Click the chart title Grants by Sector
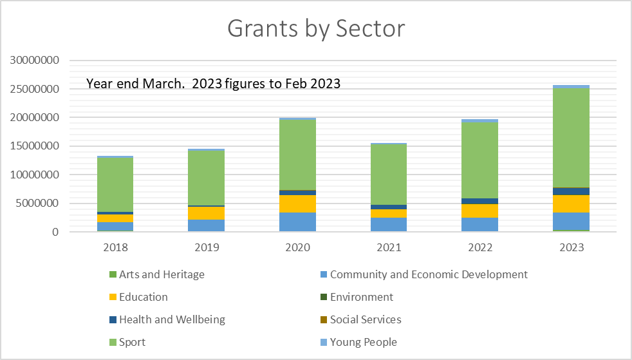(316, 28)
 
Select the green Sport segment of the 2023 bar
(571, 138)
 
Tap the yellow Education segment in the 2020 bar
(297, 204)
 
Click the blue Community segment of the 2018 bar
(115, 226)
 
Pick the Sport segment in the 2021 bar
(389, 174)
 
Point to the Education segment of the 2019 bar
(207, 213)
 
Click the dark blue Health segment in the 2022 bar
(479, 201)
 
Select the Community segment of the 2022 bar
(479, 225)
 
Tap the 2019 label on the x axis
(207, 247)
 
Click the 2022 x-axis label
(479, 247)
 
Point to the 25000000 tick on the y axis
(34, 89)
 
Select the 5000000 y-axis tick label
(37, 203)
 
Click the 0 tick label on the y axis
(55, 232)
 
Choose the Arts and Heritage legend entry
(157, 274)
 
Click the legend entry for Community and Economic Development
(424, 274)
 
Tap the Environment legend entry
(357, 297)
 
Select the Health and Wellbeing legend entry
(167, 319)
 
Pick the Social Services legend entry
(361, 319)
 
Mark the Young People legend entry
(358, 342)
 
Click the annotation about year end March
(213, 84)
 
